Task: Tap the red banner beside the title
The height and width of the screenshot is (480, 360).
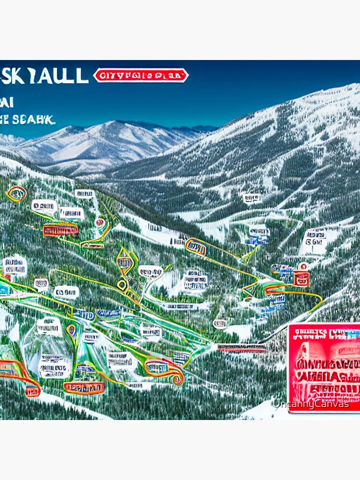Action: pyautogui.click(x=141, y=75)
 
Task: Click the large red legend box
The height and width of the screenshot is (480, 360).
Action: pyautogui.click(x=324, y=367)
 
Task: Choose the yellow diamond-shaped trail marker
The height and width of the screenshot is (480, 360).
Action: pyautogui.click(x=125, y=262)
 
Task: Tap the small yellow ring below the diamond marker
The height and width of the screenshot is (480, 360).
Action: pyautogui.click(x=122, y=284)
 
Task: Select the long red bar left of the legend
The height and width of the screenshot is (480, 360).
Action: pyautogui.click(x=241, y=348)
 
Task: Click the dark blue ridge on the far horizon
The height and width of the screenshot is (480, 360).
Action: pyautogui.click(x=192, y=129)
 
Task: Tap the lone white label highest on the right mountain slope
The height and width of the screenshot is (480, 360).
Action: pyautogui.click(x=252, y=198)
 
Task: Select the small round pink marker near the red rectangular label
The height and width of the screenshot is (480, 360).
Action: pyautogui.click(x=99, y=222)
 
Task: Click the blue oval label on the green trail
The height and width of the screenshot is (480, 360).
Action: pyautogui.click(x=84, y=315)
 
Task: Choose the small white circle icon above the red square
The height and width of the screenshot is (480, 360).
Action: pyautogui.click(x=303, y=265)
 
